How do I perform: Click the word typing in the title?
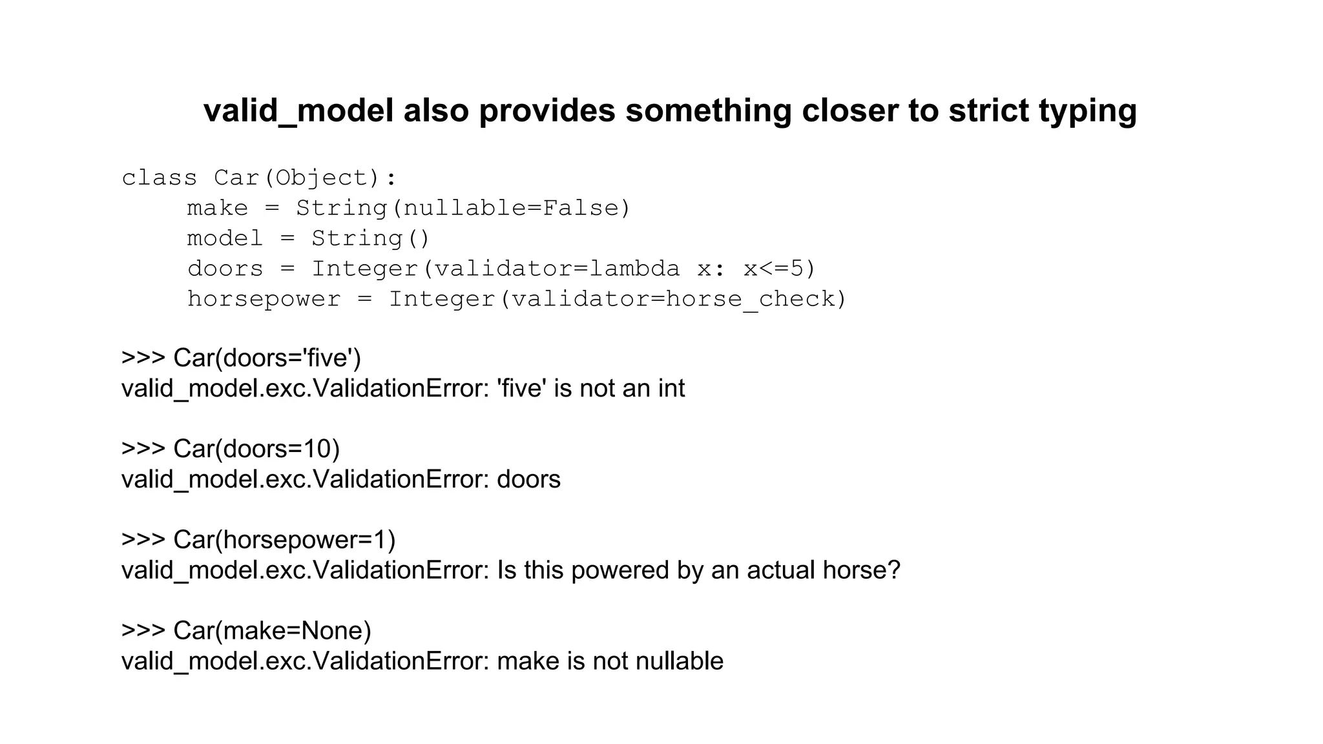click(x=1087, y=111)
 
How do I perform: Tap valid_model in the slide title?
click(x=298, y=111)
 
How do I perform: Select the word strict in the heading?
click(x=988, y=111)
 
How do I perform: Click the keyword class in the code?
click(x=159, y=178)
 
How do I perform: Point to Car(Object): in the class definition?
click(x=305, y=178)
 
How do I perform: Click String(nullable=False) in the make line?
click(x=463, y=208)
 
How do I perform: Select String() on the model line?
click(x=370, y=238)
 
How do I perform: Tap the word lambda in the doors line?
click(x=635, y=269)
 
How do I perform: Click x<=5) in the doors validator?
click(x=780, y=269)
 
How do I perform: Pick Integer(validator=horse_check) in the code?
click(x=617, y=299)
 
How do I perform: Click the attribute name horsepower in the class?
click(x=264, y=299)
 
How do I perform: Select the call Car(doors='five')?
click(x=267, y=358)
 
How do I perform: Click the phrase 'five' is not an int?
click(x=590, y=388)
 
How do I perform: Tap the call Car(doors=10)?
click(x=256, y=449)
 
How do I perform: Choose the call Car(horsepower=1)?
click(x=284, y=540)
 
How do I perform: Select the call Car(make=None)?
click(x=272, y=631)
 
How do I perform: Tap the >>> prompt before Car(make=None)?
click(x=143, y=631)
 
